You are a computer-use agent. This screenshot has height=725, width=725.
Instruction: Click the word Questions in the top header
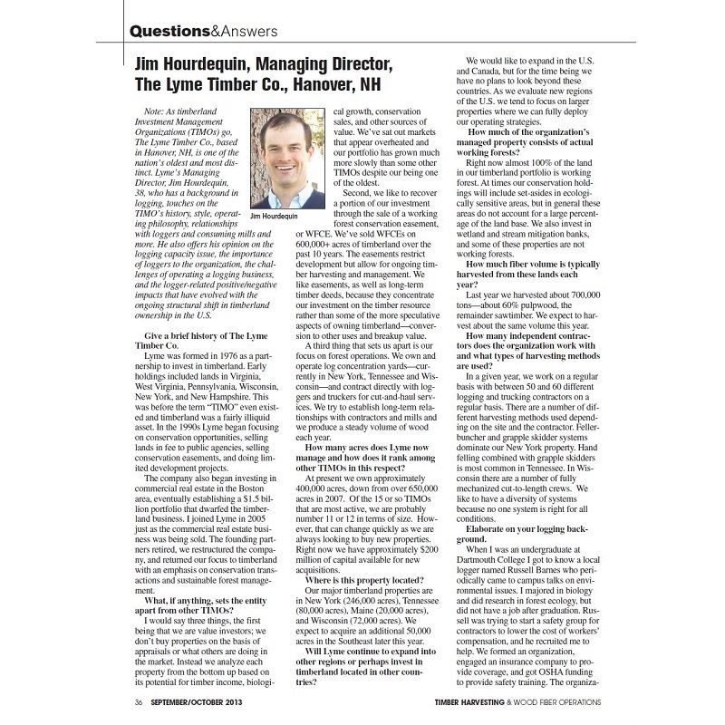pos(170,30)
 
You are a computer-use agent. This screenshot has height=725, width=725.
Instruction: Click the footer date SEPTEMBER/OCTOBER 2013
pos(198,701)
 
